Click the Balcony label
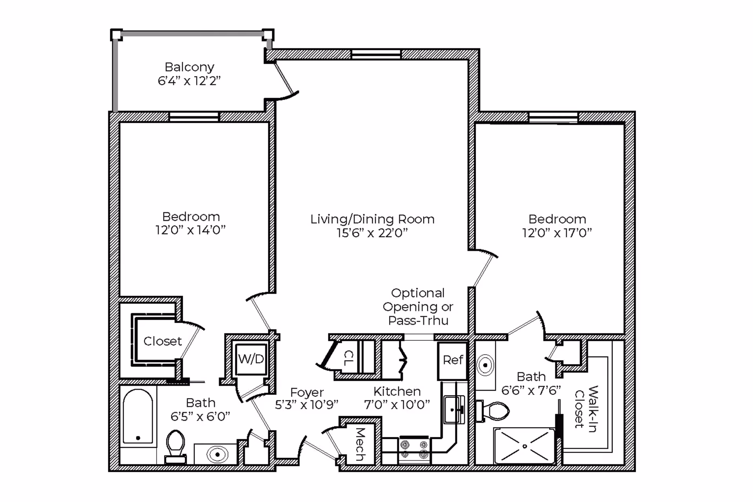(189, 67)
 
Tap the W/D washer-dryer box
(251, 359)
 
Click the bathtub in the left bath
(138, 417)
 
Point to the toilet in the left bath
(175, 447)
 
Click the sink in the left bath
(217, 455)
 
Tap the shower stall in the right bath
(525, 446)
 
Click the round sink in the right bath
(486, 365)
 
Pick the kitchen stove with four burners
(415, 450)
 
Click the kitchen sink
(454, 409)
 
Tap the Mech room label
(360, 444)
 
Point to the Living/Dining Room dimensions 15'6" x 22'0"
(372, 233)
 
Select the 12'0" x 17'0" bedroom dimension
(557, 233)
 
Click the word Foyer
(307, 392)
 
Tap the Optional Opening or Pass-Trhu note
(418, 307)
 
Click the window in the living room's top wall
(376, 54)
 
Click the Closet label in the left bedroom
(162, 341)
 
